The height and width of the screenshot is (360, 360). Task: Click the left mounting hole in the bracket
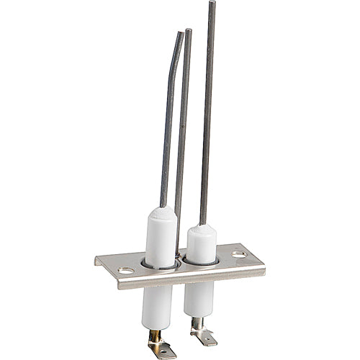(x=125, y=271)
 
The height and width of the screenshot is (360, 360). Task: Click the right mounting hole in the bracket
(x=238, y=254)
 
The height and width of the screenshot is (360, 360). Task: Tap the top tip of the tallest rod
(x=212, y=3)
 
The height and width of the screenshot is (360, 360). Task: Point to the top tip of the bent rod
(x=180, y=32)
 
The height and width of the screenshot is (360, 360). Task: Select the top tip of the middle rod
(x=189, y=30)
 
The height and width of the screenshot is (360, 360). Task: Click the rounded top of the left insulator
(x=161, y=212)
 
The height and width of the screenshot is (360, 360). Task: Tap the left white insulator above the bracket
(x=161, y=238)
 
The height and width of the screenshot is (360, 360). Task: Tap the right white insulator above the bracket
(x=201, y=245)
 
